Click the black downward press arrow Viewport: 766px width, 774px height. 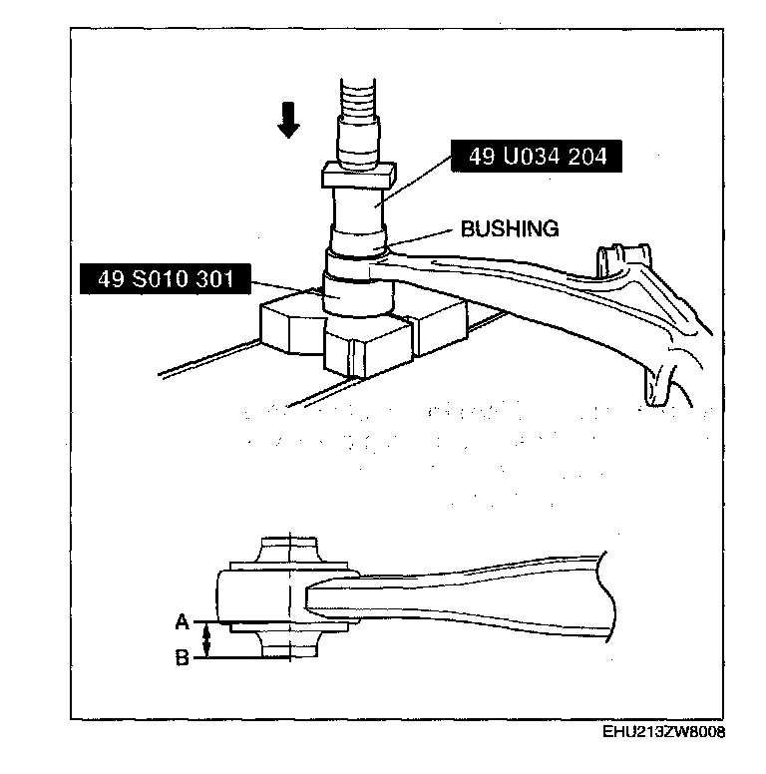pos(289,120)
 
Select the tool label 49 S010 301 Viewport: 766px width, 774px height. pos(162,279)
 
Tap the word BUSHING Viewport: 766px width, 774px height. pos(509,229)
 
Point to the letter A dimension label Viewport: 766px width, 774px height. pos(183,621)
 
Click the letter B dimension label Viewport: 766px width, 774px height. pos(183,658)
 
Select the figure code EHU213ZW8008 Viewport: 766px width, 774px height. pos(663,731)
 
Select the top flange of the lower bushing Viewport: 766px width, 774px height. pos(288,552)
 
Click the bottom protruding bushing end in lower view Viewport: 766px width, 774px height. pos(288,643)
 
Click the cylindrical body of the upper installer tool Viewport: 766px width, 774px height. pos(358,211)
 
